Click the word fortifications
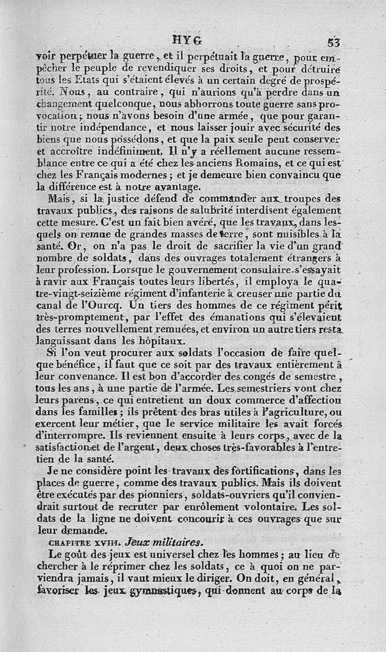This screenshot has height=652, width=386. [276, 470]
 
